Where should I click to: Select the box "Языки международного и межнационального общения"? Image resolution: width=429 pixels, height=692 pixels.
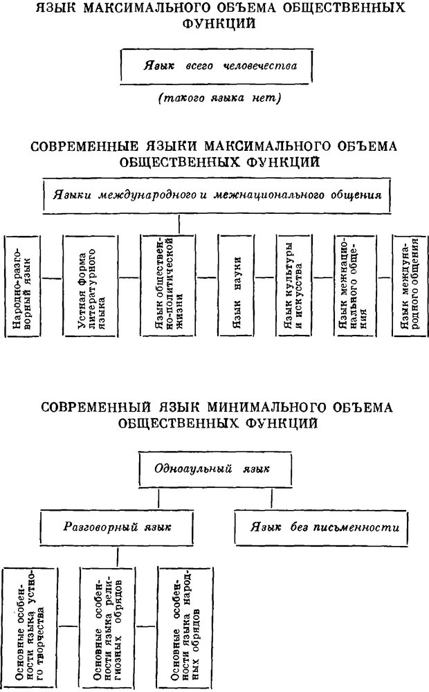coord(216,196)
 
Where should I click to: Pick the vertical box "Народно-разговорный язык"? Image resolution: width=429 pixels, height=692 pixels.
coord(22,286)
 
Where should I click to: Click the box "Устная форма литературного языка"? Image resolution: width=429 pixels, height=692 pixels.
coord(91,286)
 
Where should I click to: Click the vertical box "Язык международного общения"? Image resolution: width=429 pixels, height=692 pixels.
coord(409,286)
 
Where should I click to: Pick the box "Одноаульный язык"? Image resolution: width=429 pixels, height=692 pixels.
coord(214,470)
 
